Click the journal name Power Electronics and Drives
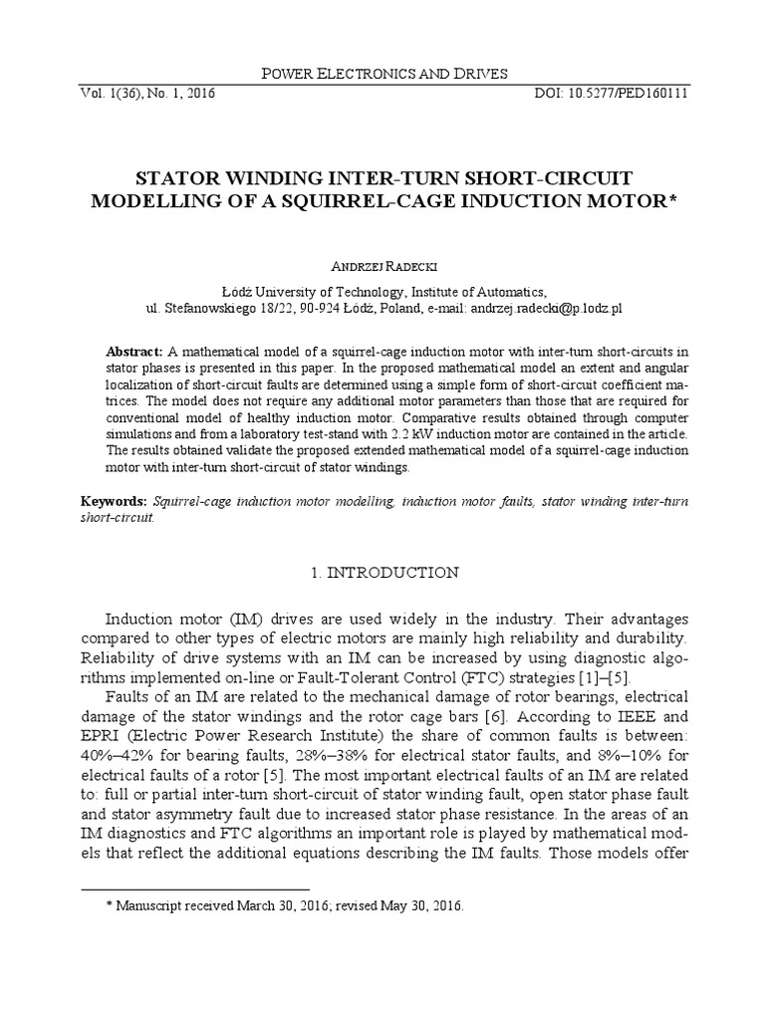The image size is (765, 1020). (382, 73)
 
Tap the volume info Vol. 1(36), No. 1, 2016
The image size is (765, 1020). (140, 94)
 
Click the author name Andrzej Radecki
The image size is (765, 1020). (382, 267)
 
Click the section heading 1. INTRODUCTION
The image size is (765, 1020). (382, 573)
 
